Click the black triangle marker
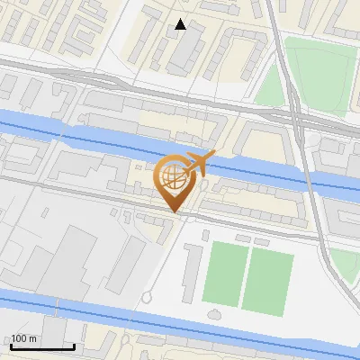click(181, 24)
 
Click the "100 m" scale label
click(23, 337)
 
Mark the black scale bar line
click(42, 346)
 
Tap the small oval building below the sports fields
click(216, 313)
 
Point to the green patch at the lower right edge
click(343, 264)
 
